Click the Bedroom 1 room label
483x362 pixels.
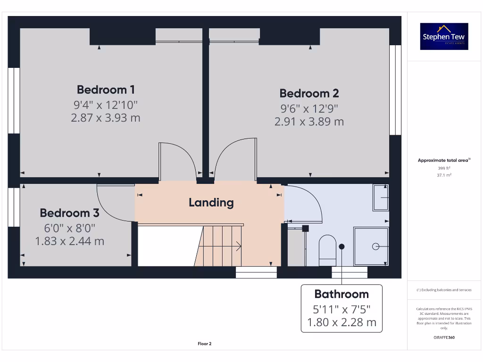(x=106, y=90)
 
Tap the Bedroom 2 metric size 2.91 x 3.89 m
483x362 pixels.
(x=309, y=122)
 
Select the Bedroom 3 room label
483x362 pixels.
(x=69, y=213)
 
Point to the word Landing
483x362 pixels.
(x=211, y=203)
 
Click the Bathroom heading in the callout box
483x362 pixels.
(x=341, y=294)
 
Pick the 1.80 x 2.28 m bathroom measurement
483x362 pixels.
(x=341, y=323)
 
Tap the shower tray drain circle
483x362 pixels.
(x=376, y=246)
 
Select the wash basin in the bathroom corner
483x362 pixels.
(x=381, y=197)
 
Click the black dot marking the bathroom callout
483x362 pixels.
(x=341, y=247)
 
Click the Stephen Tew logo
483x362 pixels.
(x=444, y=36)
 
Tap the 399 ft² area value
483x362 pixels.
(x=444, y=168)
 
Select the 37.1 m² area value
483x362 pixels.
(x=444, y=175)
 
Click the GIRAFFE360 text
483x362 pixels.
(x=444, y=337)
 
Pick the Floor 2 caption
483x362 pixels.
(x=204, y=344)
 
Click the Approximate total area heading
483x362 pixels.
(x=443, y=160)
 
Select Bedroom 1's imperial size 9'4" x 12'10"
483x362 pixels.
(x=106, y=105)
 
